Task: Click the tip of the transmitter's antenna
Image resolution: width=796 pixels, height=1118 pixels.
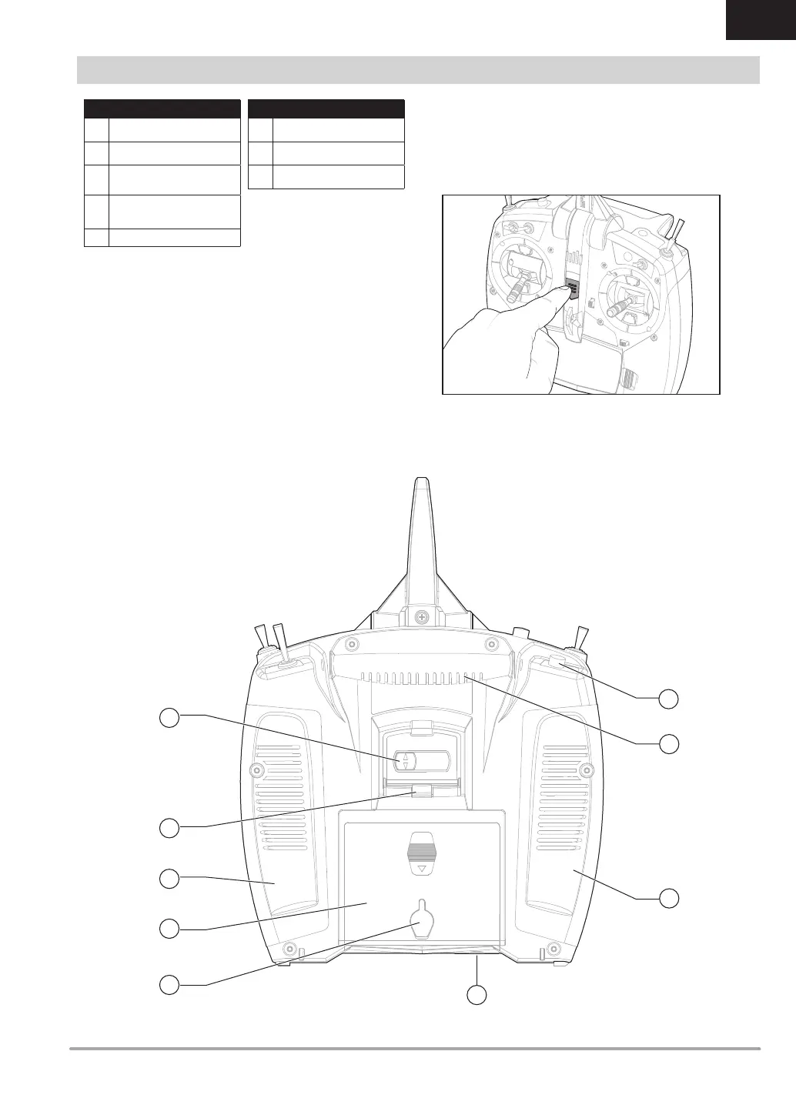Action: point(420,482)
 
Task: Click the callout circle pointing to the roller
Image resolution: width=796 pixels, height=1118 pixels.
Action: point(170,717)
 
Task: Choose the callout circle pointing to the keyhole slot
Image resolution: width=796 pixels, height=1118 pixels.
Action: point(170,983)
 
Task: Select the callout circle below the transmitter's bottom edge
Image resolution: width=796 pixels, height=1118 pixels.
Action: point(478,994)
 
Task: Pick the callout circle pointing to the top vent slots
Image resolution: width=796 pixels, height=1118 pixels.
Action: point(670,743)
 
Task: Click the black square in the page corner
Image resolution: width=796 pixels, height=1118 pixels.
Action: point(760,20)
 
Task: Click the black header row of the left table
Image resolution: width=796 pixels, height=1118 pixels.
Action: point(162,108)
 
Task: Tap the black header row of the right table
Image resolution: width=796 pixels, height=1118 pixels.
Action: point(326,108)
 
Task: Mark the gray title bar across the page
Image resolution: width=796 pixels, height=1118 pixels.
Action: point(418,69)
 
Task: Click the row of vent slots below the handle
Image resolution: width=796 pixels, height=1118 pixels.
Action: point(416,679)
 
